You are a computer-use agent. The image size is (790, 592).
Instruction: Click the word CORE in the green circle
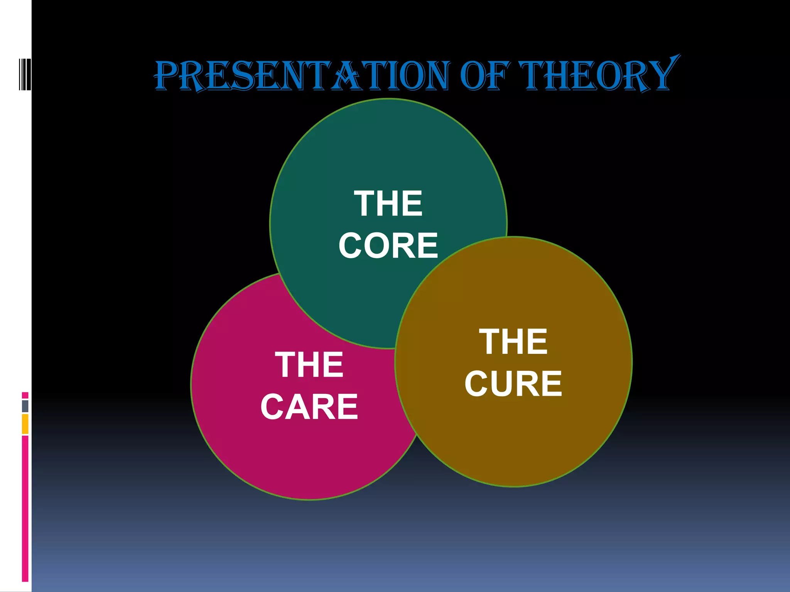point(388,246)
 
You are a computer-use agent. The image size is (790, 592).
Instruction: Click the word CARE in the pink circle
point(309,407)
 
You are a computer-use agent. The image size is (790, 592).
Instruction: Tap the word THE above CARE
point(309,365)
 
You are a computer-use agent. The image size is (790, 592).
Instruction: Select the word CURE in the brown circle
point(513,383)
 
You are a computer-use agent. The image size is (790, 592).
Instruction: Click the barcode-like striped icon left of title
point(25,74)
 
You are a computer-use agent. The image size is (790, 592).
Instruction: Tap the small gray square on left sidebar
point(25,406)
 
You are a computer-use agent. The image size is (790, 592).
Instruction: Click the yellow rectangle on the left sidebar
point(25,424)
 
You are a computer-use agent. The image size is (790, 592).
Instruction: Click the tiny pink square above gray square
point(25,395)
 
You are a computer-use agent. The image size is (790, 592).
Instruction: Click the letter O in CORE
point(376,246)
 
